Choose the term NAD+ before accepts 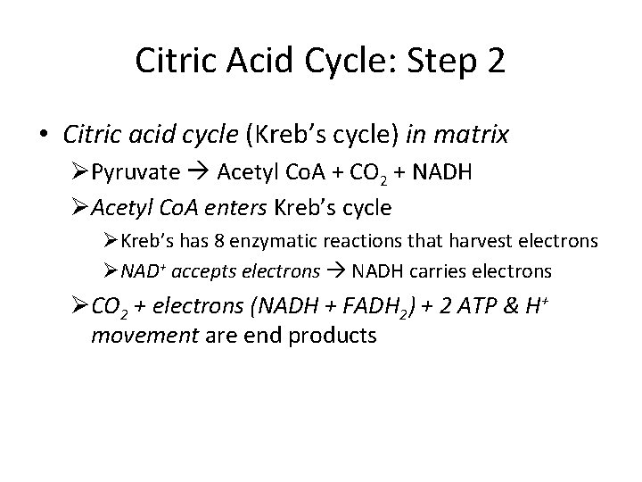tap(139, 271)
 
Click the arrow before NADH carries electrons tap(335, 271)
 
